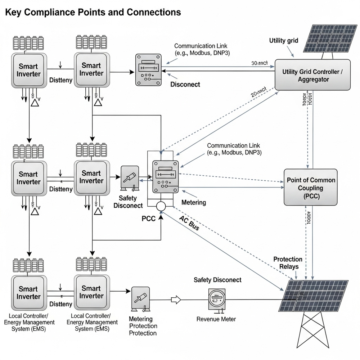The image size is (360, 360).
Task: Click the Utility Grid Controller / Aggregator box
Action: pyautogui.click(x=312, y=75)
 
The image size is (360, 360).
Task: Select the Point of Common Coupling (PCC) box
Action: pyautogui.click(x=311, y=188)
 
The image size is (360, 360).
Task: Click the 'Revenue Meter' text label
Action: pyautogui.click(x=216, y=319)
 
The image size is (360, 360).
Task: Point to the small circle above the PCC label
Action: pyautogui.click(x=160, y=206)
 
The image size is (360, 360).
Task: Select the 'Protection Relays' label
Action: pyautogui.click(x=288, y=263)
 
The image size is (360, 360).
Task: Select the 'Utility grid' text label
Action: pyautogui.click(x=284, y=40)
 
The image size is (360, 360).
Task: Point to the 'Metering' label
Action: pyautogui.click(x=194, y=202)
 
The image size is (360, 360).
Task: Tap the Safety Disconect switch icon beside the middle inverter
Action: pyautogui.click(x=130, y=179)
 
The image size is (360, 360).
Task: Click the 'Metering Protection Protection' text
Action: pyautogui.click(x=143, y=326)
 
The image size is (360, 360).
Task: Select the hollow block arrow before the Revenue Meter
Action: pyautogui.click(x=175, y=299)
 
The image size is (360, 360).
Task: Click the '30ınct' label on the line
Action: pyautogui.click(x=259, y=63)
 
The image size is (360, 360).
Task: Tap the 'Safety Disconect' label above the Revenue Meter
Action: pyautogui.click(x=217, y=280)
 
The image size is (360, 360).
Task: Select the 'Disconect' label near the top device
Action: pyautogui.click(x=185, y=85)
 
